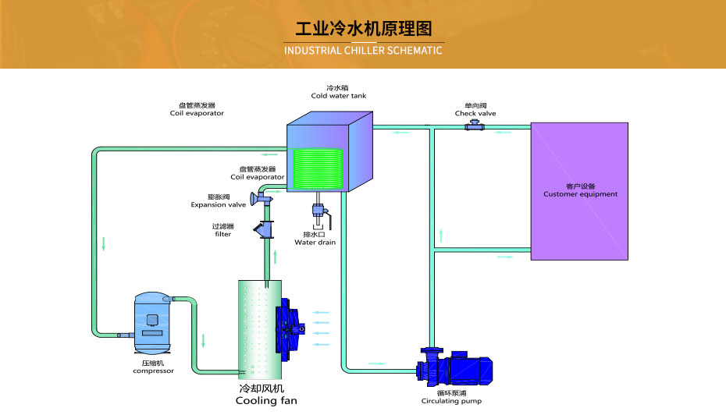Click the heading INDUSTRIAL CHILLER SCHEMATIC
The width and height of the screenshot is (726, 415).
(363, 51)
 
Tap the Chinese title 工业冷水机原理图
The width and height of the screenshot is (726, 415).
(363, 29)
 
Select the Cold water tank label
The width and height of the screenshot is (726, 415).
(338, 96)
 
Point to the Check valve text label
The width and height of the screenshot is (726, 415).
(475, 113)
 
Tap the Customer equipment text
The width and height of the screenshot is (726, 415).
(580, 194)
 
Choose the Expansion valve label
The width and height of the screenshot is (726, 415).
(219, 205)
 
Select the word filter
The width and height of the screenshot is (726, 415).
(222, 234)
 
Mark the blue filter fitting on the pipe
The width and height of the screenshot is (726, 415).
(264, 229)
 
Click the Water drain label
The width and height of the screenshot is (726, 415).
(315, 242)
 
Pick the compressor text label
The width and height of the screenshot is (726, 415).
(153, 371)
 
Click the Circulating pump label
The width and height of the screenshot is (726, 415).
(451, 401)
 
